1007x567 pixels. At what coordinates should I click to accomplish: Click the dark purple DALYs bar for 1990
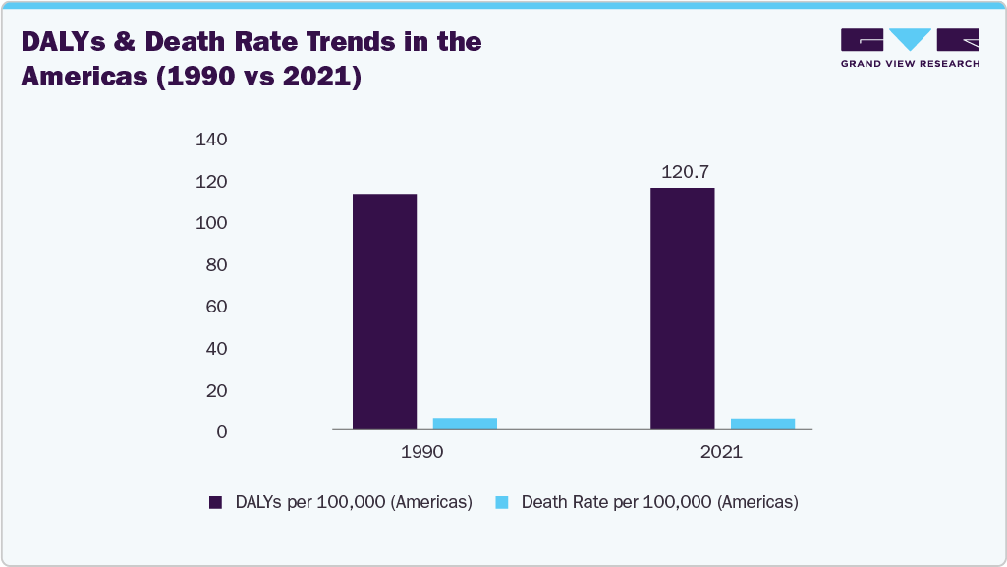coord(384,312)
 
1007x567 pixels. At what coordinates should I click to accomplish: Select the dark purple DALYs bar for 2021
coord(682,309)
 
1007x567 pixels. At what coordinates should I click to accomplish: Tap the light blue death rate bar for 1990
coord(465,424)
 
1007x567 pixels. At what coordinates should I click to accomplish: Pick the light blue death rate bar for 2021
coord(762,424)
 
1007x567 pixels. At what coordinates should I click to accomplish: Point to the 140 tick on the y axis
coord(211,141)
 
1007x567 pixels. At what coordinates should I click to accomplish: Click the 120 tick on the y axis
coord(211,182)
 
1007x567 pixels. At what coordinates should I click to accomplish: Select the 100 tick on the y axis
coord(211,224)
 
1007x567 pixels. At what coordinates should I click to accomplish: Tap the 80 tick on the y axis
coord(216,265)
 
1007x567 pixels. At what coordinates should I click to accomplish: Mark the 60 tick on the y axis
coord(216,307)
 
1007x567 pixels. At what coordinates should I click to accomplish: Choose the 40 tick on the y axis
coord(216,349)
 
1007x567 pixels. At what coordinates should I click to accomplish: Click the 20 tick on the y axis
coord(216,391)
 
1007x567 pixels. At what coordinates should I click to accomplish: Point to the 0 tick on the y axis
coord(221,432)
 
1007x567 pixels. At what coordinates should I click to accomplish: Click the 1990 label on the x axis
coord(421,453)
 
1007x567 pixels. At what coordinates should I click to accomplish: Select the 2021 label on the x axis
coord(721,453)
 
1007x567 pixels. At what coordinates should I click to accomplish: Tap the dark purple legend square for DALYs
coord(215,502)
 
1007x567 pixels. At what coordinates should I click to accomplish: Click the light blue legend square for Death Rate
coord(501,502)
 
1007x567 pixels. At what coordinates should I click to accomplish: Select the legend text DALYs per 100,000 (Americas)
coord(354,502)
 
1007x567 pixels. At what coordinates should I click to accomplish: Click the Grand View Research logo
coord(910,47)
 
